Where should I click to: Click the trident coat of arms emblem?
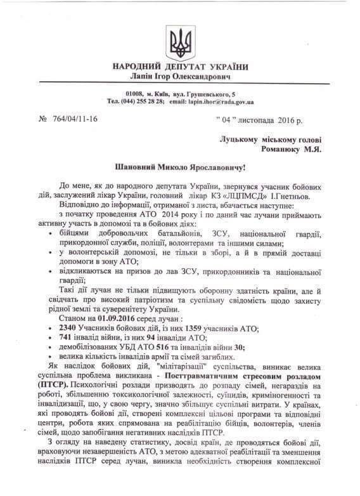pos(179,42)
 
